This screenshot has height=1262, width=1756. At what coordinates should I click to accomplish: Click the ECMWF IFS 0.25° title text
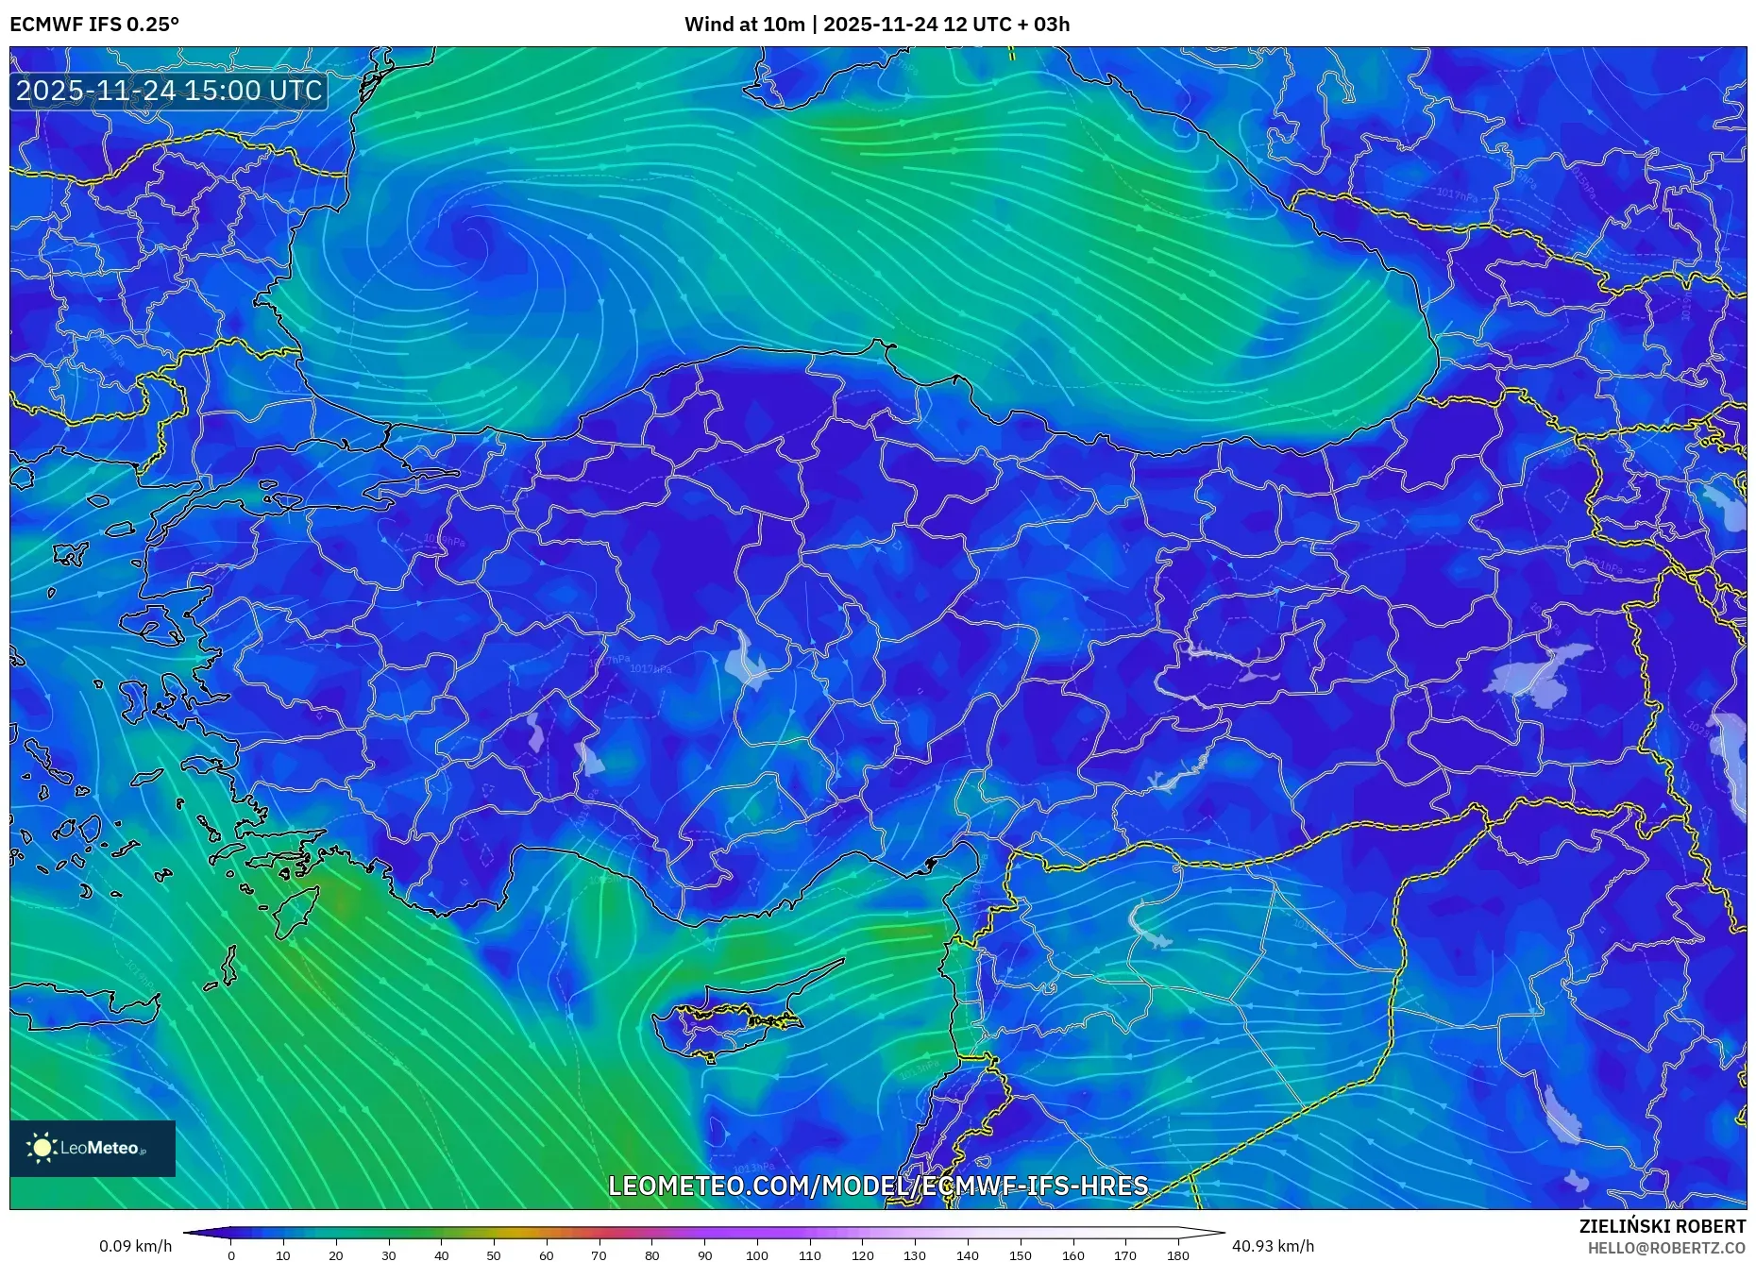point(94,25)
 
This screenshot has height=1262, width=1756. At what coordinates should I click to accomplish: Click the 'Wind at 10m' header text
point(746,25)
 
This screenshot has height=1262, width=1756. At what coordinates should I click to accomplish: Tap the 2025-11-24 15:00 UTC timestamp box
point(170,91)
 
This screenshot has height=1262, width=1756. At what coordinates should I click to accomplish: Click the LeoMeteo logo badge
point(93,1148)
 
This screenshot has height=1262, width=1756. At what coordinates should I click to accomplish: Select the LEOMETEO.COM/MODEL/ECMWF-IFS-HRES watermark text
point(878,1186)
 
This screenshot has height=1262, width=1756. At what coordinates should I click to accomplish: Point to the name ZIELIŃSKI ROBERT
point(1662,1226)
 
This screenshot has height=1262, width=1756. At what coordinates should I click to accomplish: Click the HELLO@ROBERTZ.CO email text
point(1666,1248)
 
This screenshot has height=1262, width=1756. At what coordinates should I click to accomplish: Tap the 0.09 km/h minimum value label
point(135,1246)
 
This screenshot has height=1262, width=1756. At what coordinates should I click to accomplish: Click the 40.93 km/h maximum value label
point(1273,1246)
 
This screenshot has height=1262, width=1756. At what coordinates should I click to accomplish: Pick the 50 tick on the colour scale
point(494,1254)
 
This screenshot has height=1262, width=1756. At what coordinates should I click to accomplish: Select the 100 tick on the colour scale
point(757,1254)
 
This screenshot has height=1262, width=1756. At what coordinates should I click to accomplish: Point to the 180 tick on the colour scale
point(1177,1254)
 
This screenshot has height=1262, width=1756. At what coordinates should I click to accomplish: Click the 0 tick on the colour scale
point(231,1254)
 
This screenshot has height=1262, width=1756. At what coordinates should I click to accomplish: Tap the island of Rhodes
point(295,911)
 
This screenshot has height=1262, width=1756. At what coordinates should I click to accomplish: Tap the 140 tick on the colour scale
point(967,1254)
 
